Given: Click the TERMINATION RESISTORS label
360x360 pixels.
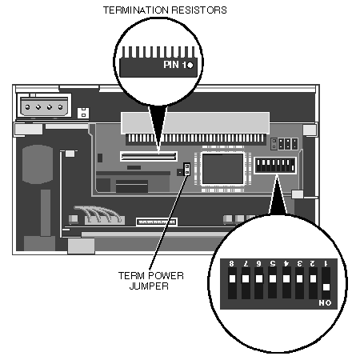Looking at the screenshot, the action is (165, 10).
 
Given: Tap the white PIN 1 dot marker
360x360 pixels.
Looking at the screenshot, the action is (190, 65).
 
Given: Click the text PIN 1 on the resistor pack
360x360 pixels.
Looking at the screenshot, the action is (175, 65).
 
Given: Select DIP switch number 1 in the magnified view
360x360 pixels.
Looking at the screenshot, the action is (326, 283).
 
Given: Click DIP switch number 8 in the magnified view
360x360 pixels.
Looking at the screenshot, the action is (232, 283).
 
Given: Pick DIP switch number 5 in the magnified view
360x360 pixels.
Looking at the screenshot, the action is (273, 282).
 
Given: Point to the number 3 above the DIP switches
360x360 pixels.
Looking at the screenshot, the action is (299, 263).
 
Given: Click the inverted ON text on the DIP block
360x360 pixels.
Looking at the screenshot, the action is (325, 302).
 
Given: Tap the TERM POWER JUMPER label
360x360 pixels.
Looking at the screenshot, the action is (150, 281).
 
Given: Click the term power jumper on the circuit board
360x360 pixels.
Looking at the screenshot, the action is (187, 170).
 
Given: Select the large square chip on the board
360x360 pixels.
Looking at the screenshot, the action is (222, 169).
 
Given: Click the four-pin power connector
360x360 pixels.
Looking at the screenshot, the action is (44, 106).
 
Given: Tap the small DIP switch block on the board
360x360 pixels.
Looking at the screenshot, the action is (275, 166).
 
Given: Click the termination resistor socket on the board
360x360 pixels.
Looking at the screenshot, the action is (149, 156).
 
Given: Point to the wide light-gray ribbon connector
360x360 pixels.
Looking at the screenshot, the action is (195, 122).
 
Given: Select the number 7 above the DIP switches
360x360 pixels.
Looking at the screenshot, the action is (246, 263).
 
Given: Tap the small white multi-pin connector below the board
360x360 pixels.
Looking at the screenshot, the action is (157, 222).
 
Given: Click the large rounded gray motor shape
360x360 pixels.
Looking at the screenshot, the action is (38, 164).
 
